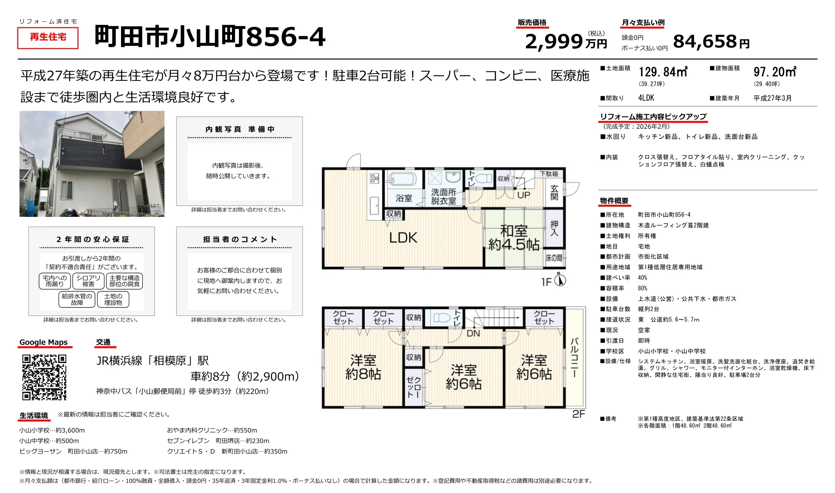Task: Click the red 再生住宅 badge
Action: (x=48, y=37)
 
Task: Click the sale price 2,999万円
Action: (x=565, y=41)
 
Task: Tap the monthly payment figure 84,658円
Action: (x=711, y=41)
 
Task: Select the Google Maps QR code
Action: (x=44, y=377)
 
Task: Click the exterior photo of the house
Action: (x=92, y=164)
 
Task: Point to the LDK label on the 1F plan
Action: (x=403, y=238)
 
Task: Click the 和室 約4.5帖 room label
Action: (x=514, y=238)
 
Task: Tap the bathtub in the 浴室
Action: (x=401, y=179)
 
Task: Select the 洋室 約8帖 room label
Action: (x=363, y=367)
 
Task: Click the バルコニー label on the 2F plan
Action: (x=574, y=357)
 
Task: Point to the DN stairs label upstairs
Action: (x=473, y=333)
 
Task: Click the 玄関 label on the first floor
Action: (x=554, y=192)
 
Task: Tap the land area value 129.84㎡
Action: (x=663, y=72)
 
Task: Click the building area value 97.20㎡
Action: (x=774, y=72)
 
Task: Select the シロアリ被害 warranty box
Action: (x=88, y=281)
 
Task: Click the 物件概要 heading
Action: (x=614, y=201)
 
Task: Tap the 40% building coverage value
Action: (x=642, y=278)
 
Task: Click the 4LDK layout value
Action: (x=646, y=98)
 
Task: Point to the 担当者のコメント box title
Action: (x=240, y=240)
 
